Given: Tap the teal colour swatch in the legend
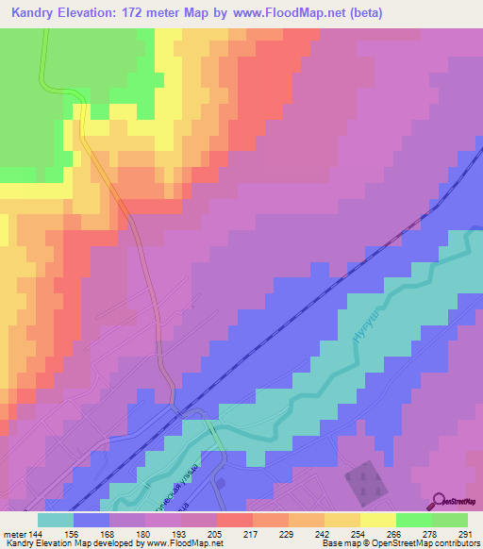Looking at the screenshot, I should tap(56, 520).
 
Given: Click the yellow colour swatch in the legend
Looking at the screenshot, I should tap(378, 520).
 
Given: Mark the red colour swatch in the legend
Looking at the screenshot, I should tap(235, 520).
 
